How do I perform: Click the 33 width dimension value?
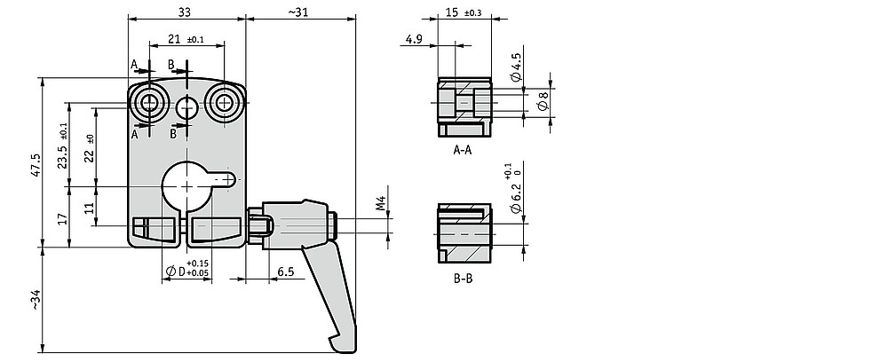tap(185, 12)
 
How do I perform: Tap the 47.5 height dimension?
tap(36, 165)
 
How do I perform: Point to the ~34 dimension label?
tap(36, 300)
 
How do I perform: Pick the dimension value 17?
tap(63, 217)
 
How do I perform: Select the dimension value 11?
tap(89, 207)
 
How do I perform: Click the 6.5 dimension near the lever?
tap(285, 272)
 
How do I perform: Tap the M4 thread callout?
tap(381, 203)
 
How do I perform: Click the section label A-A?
tap(463, 150)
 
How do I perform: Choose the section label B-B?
tap(463, 279)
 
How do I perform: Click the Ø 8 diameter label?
tap(543, 103)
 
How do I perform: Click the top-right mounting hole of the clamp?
tap(226, 103)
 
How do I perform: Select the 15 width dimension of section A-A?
tap(452, 12)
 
